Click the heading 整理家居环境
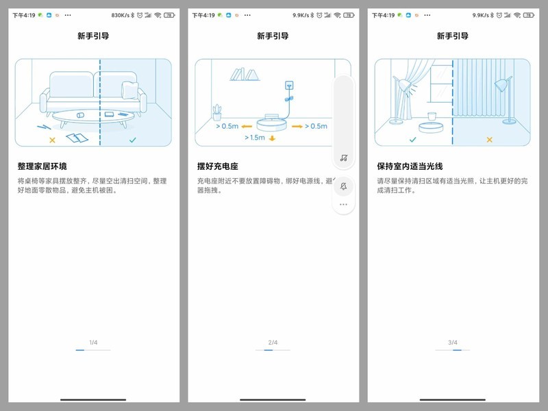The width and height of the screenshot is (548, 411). (47, 166)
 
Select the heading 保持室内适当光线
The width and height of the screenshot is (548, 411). (410, 166)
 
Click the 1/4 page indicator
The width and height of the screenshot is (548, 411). (93, 342)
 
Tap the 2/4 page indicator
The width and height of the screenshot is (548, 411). (273, 342)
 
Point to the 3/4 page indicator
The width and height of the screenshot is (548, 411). (452, 342)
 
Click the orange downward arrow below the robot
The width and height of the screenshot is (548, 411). (272, 138)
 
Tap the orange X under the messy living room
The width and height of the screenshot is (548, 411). (52, 140)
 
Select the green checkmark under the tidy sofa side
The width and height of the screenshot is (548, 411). (132, 140)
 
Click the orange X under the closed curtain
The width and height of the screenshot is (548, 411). (489, 140)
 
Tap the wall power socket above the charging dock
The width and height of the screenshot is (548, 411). (289, 86)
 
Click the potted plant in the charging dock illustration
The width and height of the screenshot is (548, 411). (217, 112)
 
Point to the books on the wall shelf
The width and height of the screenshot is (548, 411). (245, 73)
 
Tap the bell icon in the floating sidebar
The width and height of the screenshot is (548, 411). (343, 186)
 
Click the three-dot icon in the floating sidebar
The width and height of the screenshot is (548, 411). (343, 204)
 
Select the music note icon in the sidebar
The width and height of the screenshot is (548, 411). (343, 158)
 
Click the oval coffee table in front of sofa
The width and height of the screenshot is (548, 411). (84, 117)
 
